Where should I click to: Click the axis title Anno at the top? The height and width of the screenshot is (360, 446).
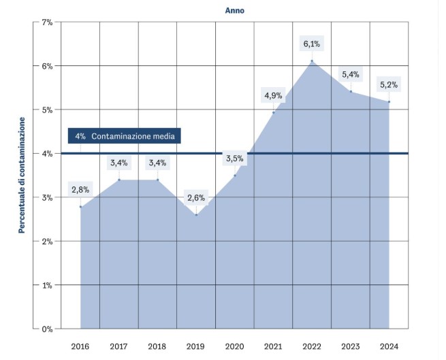click(235, 10)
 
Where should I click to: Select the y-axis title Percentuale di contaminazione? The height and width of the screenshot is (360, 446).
click(21, 175)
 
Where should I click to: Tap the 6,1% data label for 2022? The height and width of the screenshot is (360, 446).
click(312, 44)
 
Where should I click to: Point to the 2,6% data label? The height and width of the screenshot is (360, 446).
click(196, 198)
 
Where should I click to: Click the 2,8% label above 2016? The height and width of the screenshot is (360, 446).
click(80, 189)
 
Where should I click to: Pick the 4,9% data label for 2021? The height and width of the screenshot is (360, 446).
click(273, 95)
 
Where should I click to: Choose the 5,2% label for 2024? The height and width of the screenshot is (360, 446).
click(389, 85)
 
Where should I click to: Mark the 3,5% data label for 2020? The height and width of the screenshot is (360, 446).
click(234, 159)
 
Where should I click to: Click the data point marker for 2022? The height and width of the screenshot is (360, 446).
click(312, 61)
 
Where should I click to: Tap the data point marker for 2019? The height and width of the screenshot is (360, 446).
click(196, 215)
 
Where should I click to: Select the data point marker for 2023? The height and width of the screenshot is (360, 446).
click(351, 91)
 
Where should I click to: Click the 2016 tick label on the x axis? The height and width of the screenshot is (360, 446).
click(80, 346)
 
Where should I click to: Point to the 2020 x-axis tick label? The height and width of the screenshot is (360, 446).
click(235, 346)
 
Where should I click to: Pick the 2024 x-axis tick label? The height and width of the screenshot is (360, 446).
click(389, 346)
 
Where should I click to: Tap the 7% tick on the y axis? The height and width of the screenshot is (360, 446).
click(47, 22)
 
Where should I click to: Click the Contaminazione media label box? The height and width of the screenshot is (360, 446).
click(125, 136)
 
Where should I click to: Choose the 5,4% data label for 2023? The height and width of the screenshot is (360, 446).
click(351, 74)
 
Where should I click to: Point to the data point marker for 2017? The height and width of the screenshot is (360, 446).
click(118, 180)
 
